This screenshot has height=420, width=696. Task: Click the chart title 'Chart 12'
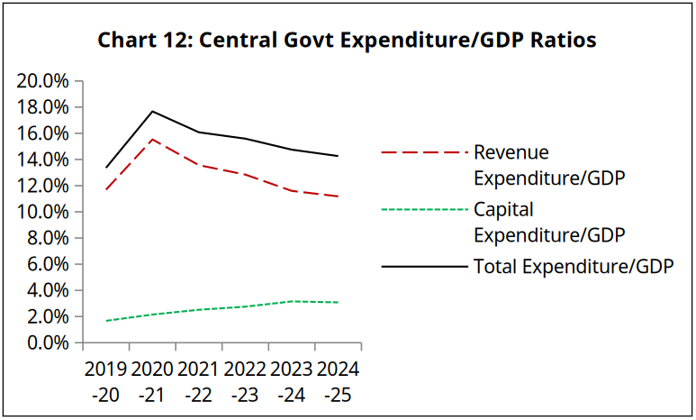pos(347,41)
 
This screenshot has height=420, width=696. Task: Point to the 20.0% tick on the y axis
pos(43,81)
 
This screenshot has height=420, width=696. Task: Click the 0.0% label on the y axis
pos(47,343)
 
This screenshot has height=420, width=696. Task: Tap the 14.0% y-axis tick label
pos(43,160)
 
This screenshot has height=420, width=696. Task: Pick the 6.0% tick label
pos(47,265)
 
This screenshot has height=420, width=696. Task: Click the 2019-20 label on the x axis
pos(105,382)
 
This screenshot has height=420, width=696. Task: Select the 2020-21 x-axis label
pos(152,382)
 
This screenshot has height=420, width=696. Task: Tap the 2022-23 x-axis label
pos(245,382)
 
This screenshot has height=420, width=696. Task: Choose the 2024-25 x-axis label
pos(338,382)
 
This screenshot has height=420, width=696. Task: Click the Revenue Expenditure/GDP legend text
pos(549,164)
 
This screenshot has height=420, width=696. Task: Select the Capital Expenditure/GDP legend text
pos(549,223)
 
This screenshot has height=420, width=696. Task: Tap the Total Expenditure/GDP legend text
pos(574,267)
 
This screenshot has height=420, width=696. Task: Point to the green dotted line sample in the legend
pos(424,210)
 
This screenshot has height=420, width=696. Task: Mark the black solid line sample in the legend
pos(424,268)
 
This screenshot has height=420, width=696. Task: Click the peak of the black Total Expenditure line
pos(152,111)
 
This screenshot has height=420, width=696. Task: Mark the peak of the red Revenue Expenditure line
pos(152,139)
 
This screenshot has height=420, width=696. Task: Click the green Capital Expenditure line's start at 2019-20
pos(106,321)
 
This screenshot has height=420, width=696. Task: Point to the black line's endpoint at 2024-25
pos(338,156)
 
